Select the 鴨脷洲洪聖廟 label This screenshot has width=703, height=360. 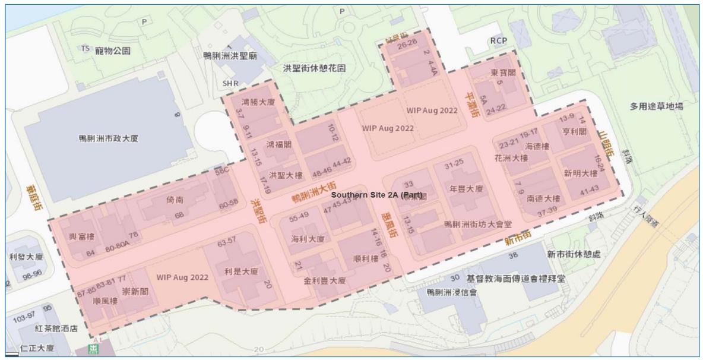click(x=230, y=56)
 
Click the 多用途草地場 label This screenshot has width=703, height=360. click(x=656, y=107)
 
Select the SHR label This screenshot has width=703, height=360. click(x=230, y=84)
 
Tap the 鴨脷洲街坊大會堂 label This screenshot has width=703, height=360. click(x=478, y=225)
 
